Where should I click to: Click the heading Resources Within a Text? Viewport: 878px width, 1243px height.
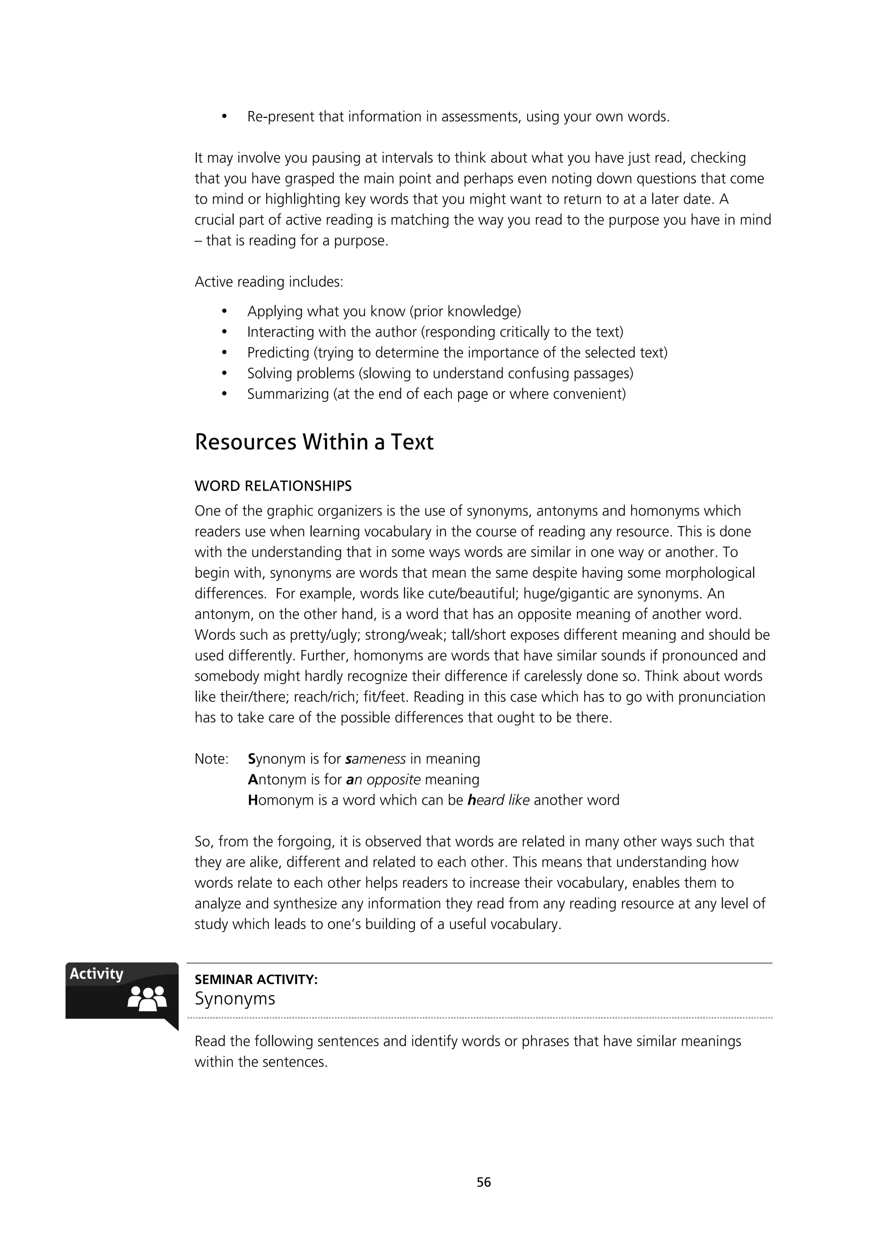314,442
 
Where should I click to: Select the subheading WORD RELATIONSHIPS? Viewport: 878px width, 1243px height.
273,486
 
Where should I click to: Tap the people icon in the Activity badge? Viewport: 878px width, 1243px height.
147,999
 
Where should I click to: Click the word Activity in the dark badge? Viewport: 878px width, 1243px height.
96,974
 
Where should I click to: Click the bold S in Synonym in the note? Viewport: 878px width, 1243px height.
251,759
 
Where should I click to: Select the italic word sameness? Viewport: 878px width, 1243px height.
375,759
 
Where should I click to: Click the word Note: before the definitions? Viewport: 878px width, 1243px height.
211,759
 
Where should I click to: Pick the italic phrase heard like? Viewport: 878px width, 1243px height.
498,800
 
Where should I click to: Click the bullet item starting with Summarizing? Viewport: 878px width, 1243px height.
436,394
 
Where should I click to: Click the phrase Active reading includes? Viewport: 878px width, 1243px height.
269,282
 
